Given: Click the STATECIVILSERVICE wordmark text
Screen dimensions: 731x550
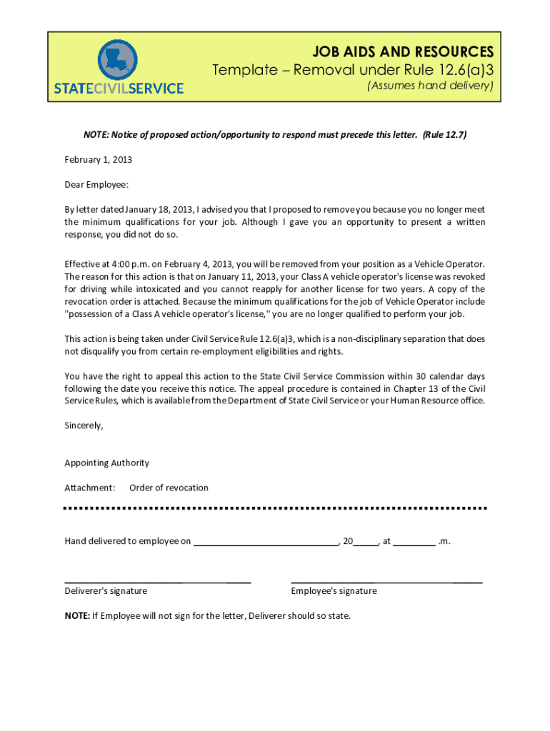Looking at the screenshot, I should (119, 89).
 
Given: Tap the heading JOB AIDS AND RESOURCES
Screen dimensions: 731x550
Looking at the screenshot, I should (402, 52).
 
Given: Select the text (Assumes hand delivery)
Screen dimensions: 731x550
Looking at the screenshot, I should (430, 86).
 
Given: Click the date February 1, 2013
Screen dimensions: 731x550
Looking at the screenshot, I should (98, 160).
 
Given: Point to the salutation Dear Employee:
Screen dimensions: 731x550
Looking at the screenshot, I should (96, 185).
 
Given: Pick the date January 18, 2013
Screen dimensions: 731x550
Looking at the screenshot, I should (157, 210).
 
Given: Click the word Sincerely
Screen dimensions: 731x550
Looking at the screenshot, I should (84, 425).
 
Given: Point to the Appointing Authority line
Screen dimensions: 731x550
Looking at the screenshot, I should (106, 463).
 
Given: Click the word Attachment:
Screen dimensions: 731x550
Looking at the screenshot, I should (90, 488).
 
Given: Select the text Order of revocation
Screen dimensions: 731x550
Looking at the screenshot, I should (169, 488).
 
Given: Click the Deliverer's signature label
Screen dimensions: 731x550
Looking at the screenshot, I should (106, 591).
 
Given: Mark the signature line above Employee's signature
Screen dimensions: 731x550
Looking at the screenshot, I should (386, 582).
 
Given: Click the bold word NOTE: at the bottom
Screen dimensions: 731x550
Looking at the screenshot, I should (77, 616).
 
